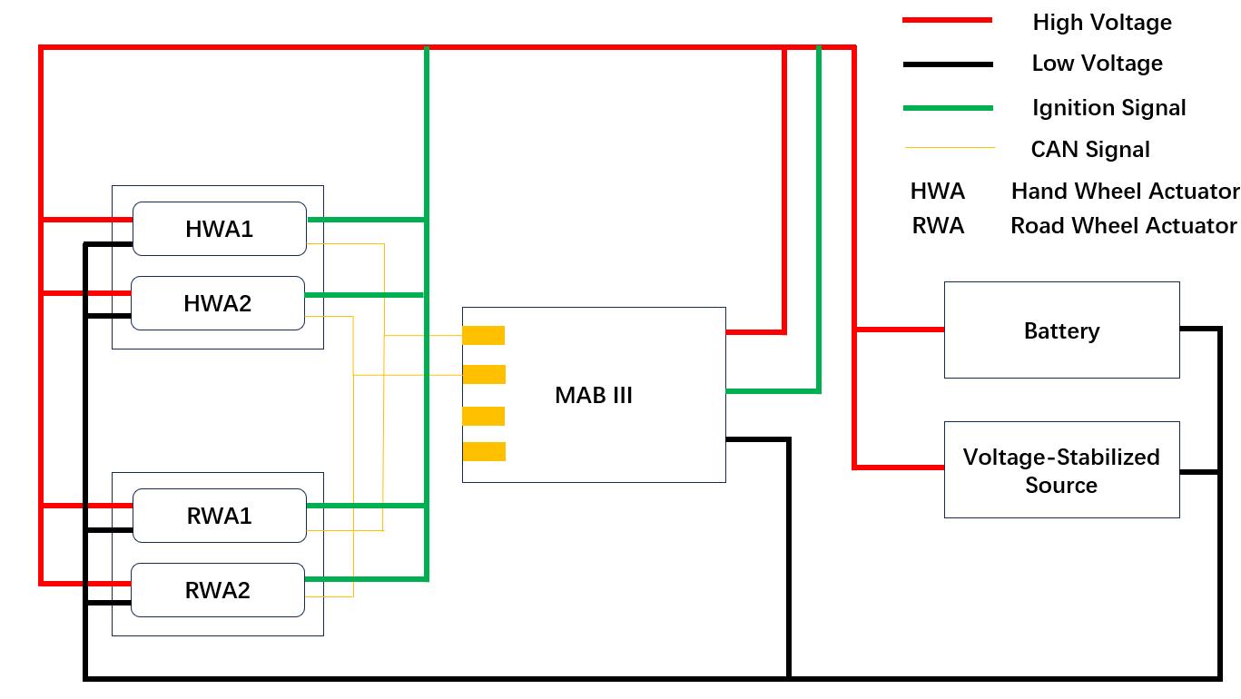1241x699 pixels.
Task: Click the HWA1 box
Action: [x=220, y=229]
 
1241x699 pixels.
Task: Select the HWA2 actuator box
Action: [x=218, y=303]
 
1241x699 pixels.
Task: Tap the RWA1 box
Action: [x=220, y=516]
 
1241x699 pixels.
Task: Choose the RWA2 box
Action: [x=218, y=590]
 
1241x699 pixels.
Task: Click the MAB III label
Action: [x=594, y=396]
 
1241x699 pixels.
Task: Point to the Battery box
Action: [x=1061, y=330]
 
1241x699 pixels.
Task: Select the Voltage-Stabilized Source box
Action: [x=1061, y=470]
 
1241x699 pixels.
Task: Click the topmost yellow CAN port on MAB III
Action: [x=483, y=335]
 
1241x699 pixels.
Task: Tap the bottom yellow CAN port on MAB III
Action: [x=483, y=451]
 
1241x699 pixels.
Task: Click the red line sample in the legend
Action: [x=947, y=20]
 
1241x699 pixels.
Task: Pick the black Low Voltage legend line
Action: [x=947, y=64]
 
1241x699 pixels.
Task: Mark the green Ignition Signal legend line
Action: [x=947, y=108]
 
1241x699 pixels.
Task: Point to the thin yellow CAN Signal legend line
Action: [x=950, y=147]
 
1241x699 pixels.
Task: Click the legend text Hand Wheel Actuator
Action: [x=1125, y=192]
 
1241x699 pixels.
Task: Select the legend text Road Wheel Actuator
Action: [x=1124, y=226]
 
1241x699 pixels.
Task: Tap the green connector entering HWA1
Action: [x=363, y=220]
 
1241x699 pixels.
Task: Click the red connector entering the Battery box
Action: [x=899, y=330]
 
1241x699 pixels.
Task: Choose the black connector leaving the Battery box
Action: [x=1198, y=329]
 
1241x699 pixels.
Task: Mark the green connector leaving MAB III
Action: [x=772, y=391]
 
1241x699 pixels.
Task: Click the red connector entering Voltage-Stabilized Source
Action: [x=899, y=468]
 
